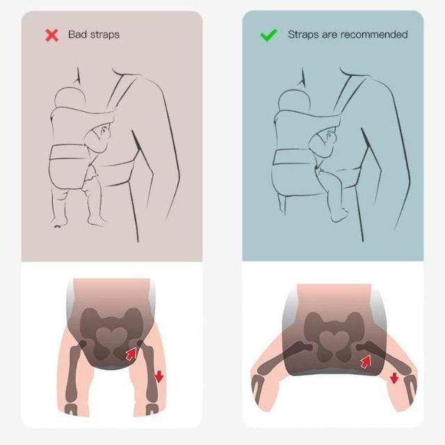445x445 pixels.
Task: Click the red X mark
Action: (51, 35)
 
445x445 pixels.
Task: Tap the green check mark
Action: (268, 35)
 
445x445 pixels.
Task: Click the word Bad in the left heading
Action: (76, 34)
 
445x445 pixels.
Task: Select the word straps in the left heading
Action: (104, 35)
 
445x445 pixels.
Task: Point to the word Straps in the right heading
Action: (303, 35)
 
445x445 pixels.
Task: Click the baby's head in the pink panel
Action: (70, 98)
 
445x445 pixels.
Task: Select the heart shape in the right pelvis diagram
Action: (334, 339)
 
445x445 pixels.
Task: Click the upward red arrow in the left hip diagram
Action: (131, 354)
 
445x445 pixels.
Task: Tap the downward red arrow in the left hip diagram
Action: (159, 376)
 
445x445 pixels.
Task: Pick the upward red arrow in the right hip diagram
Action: (366, 362)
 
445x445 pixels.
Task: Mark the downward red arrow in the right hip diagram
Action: (394, 378)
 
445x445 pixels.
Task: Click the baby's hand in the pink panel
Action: (106, 131)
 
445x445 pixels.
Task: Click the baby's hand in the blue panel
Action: (330, 136)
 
